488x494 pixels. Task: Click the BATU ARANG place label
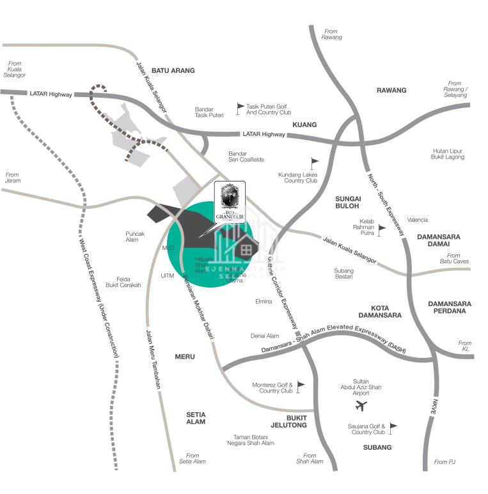coord(173,70)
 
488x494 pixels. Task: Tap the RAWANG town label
coord(391,90)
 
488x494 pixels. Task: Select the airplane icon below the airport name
coord(361,406)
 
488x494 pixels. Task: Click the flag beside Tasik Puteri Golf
coord(240,108)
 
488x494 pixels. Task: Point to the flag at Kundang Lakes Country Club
coord(314,163)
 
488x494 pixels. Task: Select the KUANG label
coord(304,125)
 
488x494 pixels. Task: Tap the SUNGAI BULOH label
coord(348,203)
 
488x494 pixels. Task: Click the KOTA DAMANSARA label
coord(380,311)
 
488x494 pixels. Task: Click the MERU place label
coord(185,357)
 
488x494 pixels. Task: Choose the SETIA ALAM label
coord(196,418)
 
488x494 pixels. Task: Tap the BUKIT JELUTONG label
coord(288,421)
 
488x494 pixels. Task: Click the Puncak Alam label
coord(135,236)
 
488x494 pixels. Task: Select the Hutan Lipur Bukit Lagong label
coord(448,154)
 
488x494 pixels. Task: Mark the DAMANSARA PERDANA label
coord(450,308)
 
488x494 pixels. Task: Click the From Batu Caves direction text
coord(453,258)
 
